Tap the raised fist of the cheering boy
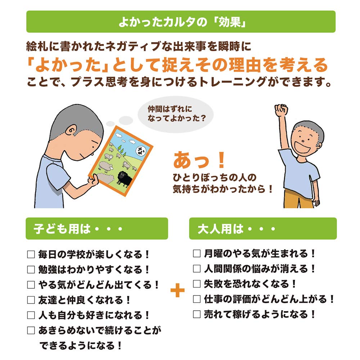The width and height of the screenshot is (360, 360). tap(280, 109)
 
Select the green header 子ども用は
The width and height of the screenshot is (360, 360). tap(96, 229)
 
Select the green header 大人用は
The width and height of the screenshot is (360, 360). tap(263, 229)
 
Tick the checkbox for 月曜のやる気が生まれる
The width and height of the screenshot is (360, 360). tap(197, 253)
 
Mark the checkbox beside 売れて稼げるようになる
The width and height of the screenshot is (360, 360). tap(197, 314)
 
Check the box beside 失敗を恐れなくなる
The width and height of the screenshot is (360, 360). tap(197, 284)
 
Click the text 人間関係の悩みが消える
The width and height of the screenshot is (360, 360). tap(259, 269)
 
